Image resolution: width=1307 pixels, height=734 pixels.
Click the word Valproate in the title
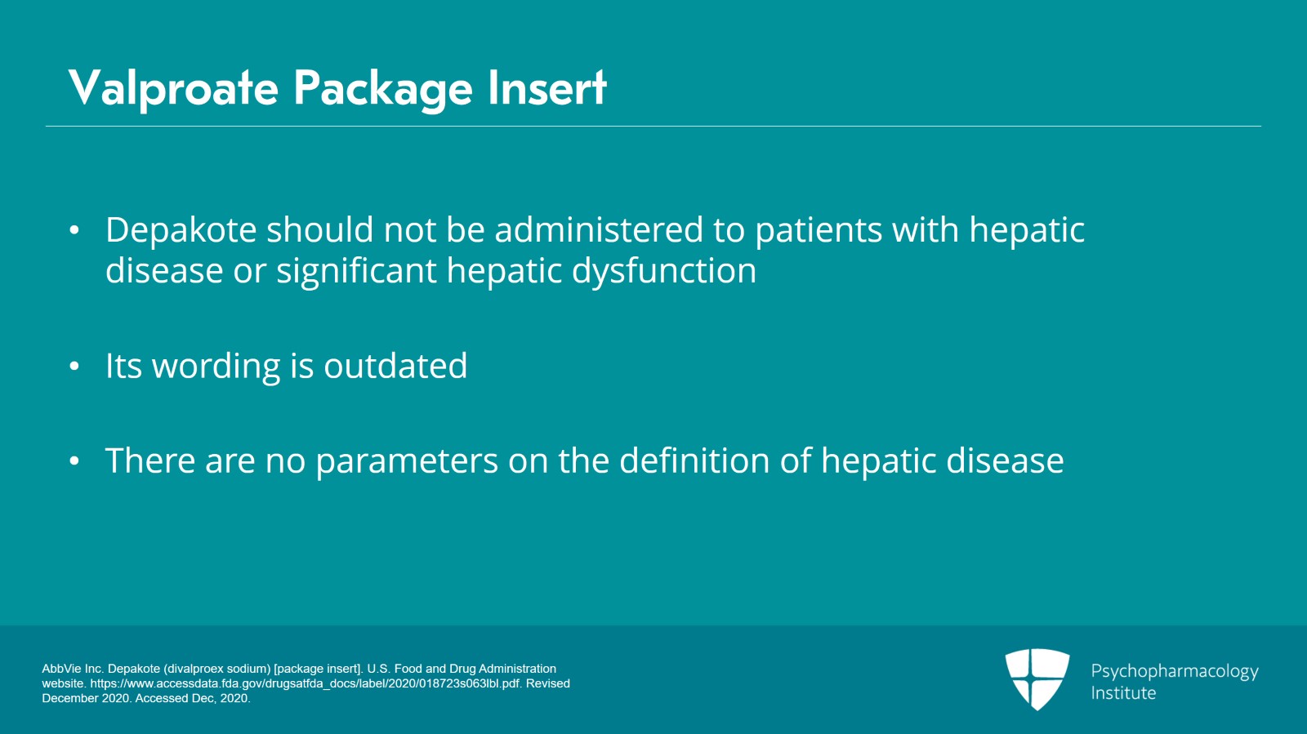point(173,88)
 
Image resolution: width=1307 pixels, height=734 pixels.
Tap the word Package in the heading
point(383,90)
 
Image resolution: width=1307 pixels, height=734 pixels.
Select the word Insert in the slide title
point(547,88)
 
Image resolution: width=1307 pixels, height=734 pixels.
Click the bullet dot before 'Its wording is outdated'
point(74,366)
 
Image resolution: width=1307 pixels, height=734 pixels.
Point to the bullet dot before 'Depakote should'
point(74,229)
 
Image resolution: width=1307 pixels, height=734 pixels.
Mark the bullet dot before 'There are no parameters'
point(74,460)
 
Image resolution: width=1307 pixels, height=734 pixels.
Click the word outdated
point(395,366)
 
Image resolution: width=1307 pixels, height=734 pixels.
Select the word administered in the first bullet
point(599,229)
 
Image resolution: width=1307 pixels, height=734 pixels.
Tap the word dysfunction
point(664,271)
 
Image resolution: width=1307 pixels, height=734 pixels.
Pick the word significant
point(356,271)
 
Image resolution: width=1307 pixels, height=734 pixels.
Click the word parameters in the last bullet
point(407,461)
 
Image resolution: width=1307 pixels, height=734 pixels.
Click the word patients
point(819,230)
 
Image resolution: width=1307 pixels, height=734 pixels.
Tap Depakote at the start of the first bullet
point(181,230)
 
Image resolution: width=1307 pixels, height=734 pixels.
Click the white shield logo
point(1037,679)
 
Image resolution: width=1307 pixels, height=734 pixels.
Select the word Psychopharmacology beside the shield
point(1175,672)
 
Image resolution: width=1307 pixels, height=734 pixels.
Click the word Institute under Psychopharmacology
point(1123,693)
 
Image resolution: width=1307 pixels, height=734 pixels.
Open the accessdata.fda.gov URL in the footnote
point(305,683)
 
